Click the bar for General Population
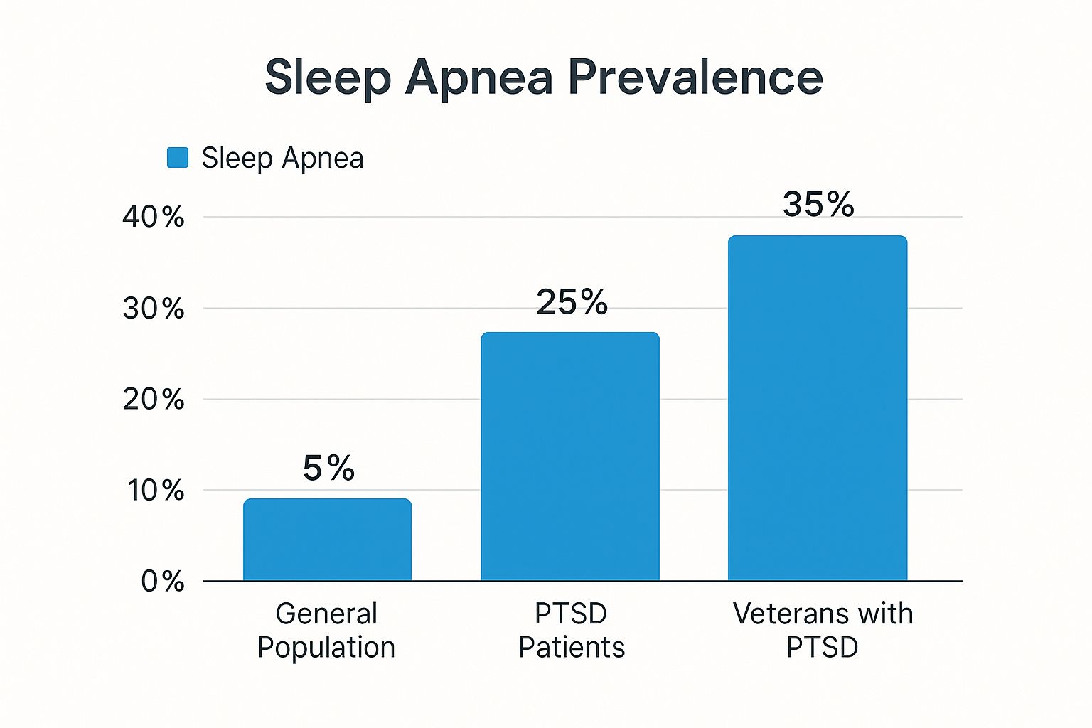(327, 540)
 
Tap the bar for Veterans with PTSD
(818, 408)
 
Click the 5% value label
(328, 468)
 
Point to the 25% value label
(572, 302)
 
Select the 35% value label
(818, 205)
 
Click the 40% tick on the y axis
(153, 217)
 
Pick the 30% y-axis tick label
(153, 309)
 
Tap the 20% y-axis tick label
(153, 400)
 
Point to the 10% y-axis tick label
(156, 491)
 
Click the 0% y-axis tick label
(163, 582)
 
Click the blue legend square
(178, 158)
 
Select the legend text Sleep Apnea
(282, 158)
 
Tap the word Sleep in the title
(328, 78)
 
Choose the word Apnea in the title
(478, 78)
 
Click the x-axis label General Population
(326, 631)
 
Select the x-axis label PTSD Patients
(571, 631)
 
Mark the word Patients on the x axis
(572, 648)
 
